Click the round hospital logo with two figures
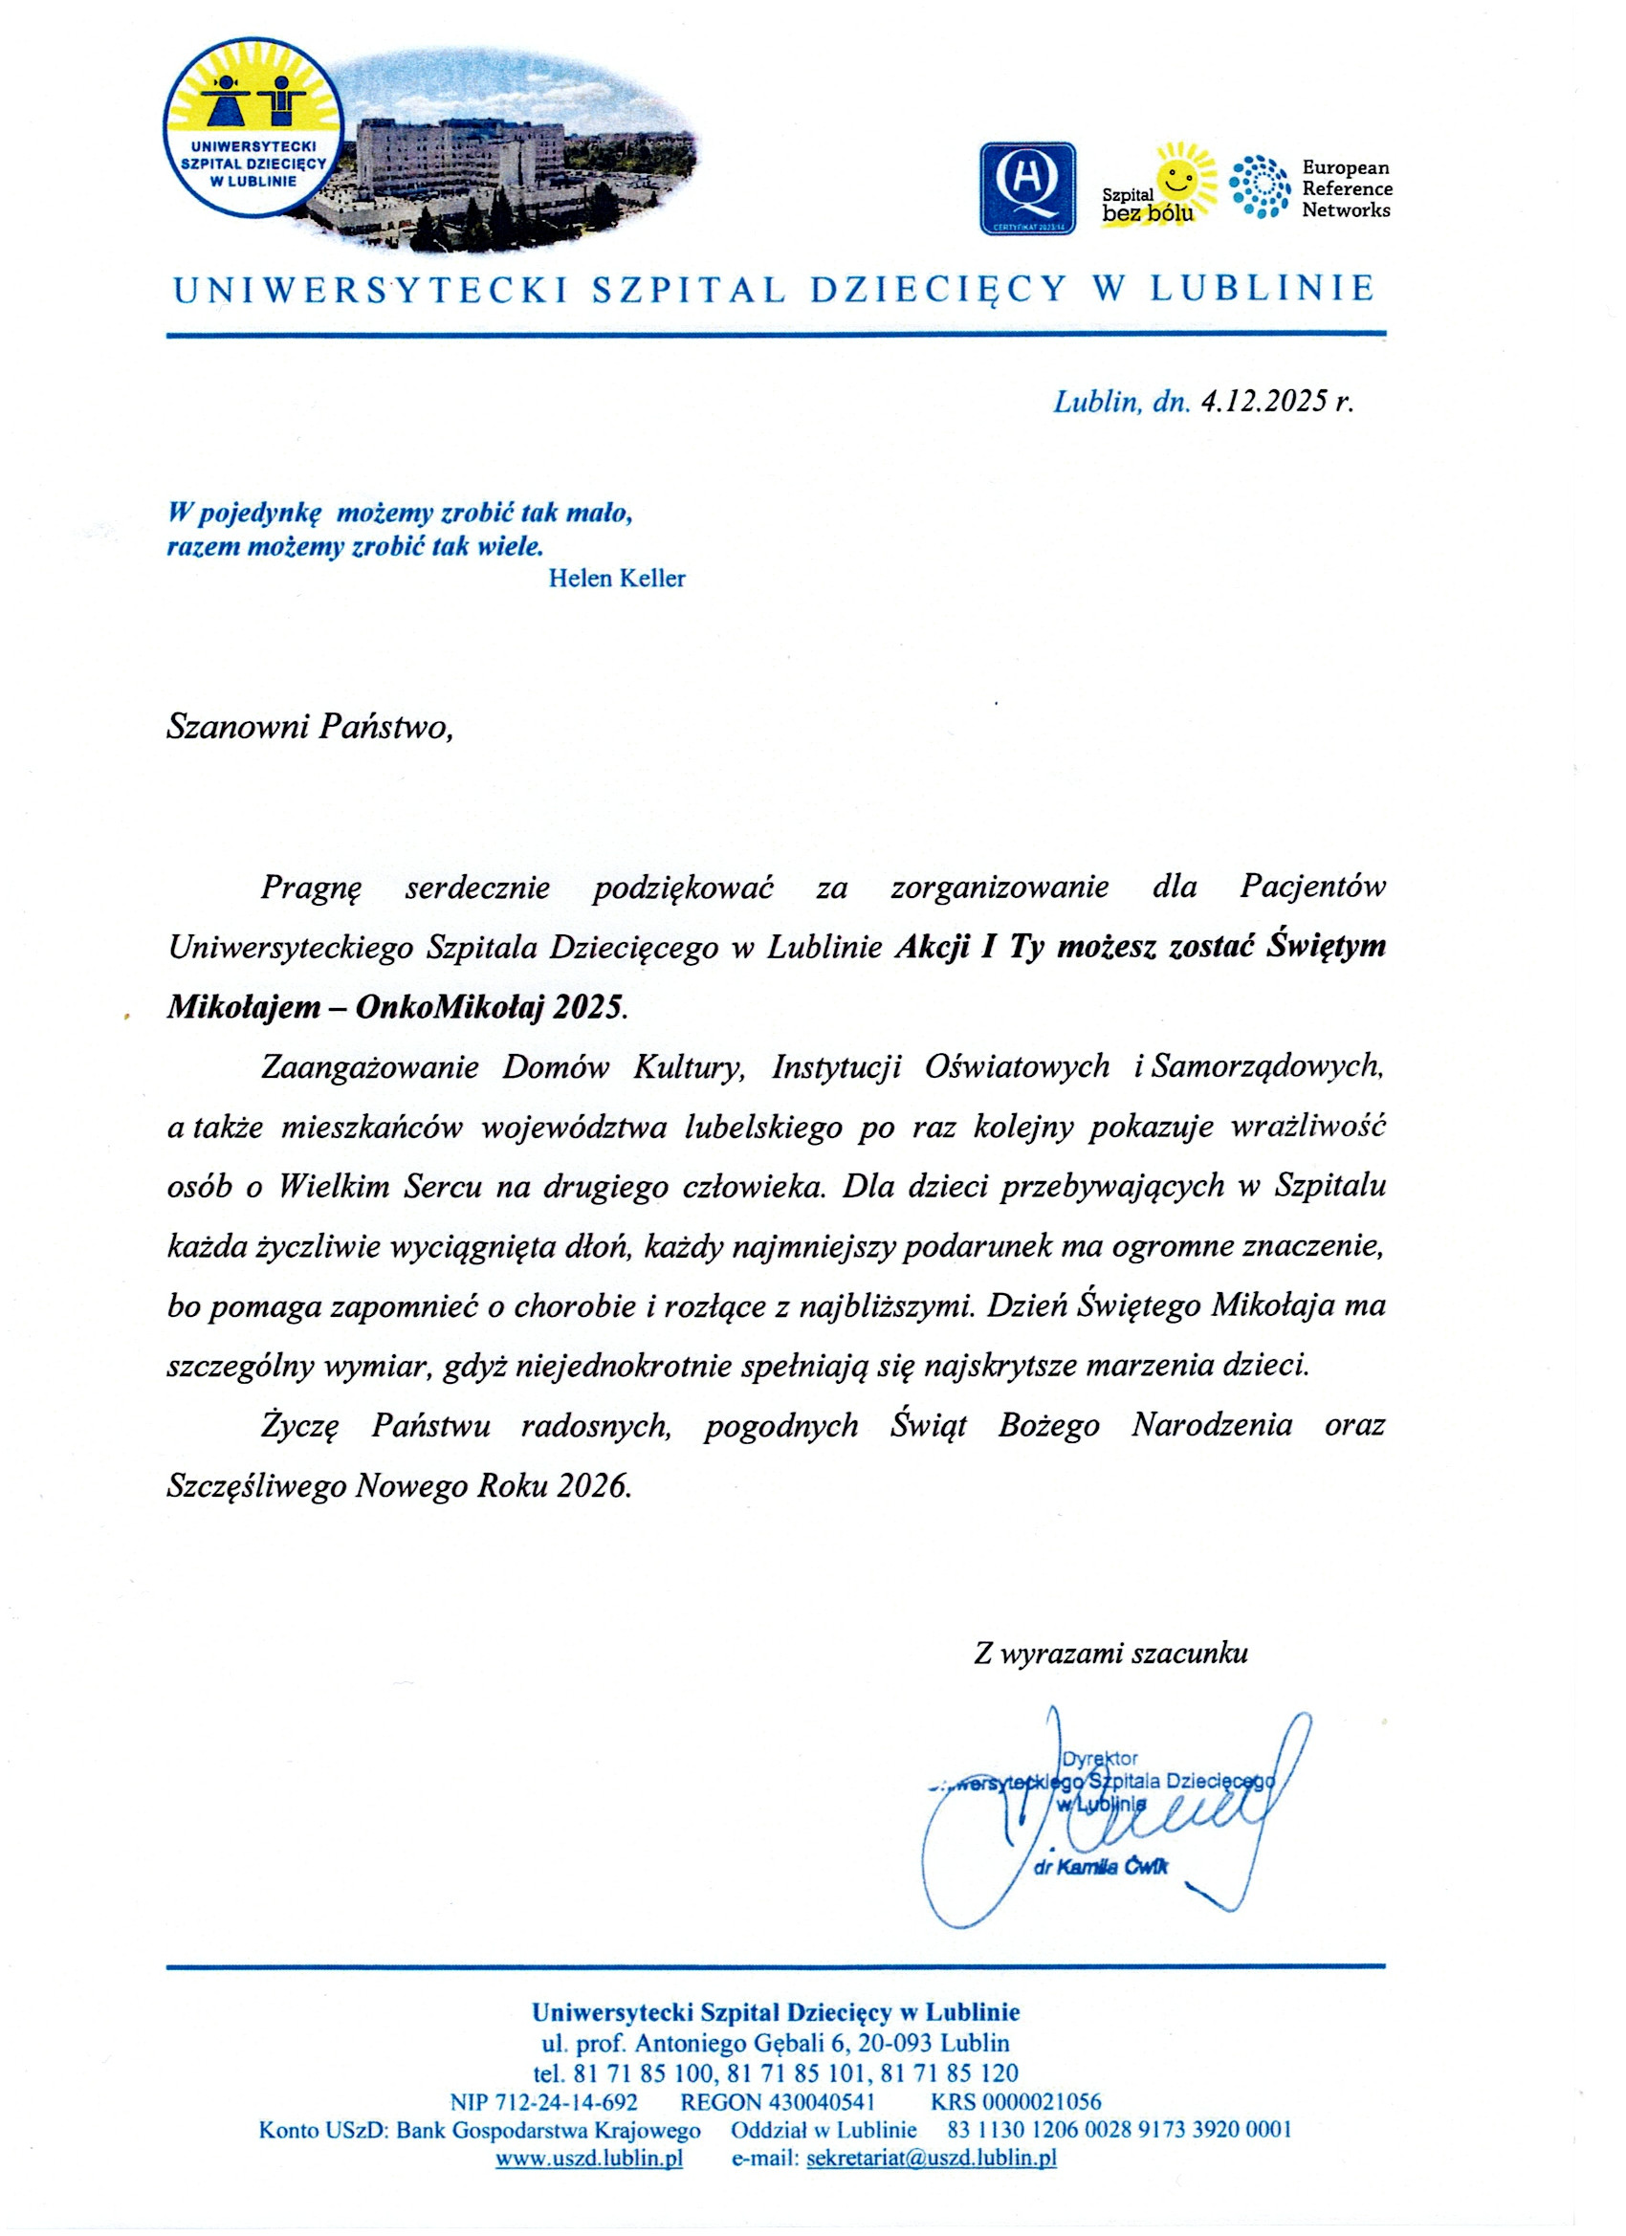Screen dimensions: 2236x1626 coord(253,129)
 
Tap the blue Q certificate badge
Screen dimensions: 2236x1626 coord(1026,188)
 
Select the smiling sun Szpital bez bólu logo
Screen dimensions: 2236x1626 coord(1157,185)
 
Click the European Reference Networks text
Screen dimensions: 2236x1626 coord(1346,188)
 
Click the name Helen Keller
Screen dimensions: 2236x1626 coord(616,579)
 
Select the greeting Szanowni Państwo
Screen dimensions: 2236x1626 coord(310,728)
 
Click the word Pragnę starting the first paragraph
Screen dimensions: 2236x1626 coord(312,888)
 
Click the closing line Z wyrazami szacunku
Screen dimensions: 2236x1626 coord(1110,1654)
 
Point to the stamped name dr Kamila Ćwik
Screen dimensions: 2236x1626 coord(1102,1867)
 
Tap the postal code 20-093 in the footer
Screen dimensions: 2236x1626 coord(894,2043)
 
